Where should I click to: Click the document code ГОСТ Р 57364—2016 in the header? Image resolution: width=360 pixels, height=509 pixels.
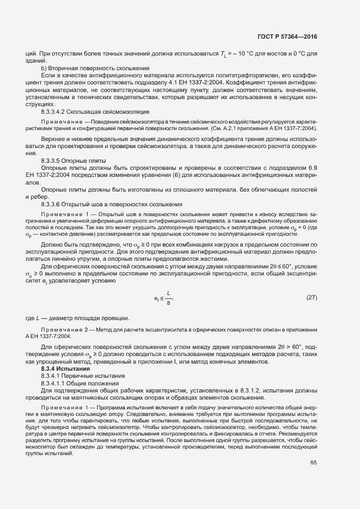(286, 37)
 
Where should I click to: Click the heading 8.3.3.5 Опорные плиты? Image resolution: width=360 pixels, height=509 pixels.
(74, 161)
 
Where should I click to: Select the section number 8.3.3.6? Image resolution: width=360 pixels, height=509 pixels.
(55, 204)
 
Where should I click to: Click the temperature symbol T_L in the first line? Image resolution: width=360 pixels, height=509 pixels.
(223, 54)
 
